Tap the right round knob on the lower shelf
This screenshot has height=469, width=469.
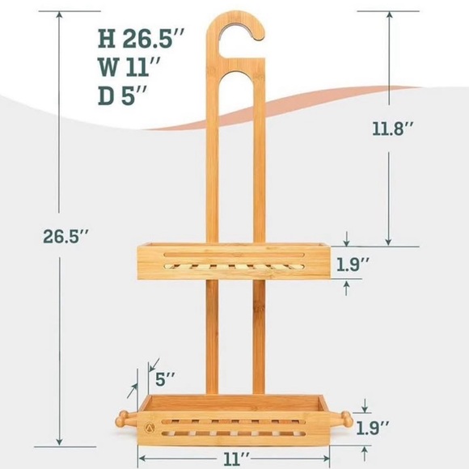click(347, 420)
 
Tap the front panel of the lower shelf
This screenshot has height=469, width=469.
click(234, 425)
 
